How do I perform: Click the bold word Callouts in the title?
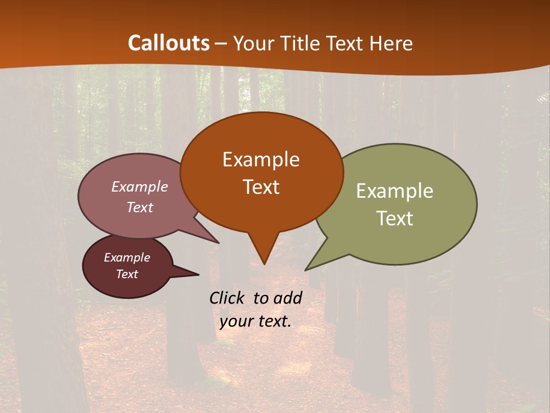tap(168, 43)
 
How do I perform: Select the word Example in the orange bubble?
tap(261, 159)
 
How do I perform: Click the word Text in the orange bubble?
tap(261, 187)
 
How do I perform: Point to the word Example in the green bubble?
tap(395, 191)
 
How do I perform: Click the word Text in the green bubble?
tap(395, 219)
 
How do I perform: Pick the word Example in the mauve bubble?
tap(140, 187)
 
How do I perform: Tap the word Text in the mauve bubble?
tap(140, 208)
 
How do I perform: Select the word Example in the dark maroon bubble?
tap(127, 258)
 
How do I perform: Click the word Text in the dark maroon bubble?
tap(127, 274)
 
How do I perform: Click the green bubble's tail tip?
tap(307, 269)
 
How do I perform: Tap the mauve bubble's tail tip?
tap(218, 242)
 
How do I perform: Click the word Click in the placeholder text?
tap(228, 298)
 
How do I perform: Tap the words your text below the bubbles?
tap(255, 322)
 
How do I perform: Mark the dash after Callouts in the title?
tap(221, 44)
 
